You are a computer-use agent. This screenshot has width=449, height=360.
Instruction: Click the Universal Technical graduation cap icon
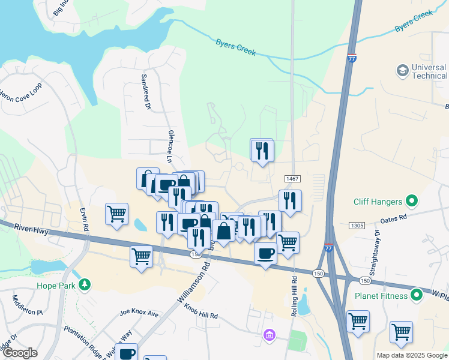402,71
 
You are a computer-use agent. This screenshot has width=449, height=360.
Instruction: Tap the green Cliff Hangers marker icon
412,200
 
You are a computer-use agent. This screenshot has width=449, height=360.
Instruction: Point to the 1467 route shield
292,179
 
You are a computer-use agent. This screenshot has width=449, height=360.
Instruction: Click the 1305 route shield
357,225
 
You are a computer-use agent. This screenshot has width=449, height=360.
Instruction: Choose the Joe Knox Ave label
139,313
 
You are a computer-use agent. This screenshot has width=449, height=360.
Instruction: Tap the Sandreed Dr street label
145,92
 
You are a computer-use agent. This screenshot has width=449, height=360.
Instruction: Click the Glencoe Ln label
170,146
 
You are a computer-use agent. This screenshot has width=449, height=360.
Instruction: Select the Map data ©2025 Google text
411,355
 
